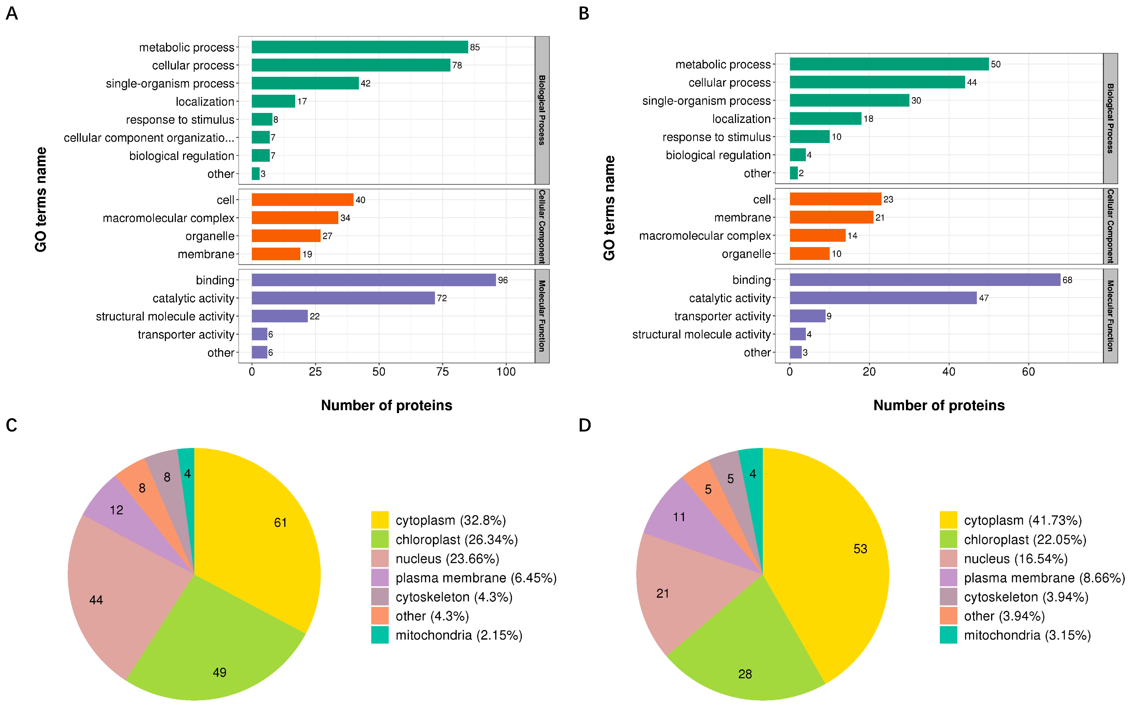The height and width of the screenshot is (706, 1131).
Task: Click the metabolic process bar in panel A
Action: [x=359, y=47]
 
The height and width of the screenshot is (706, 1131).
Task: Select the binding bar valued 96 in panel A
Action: [x=373, y=280]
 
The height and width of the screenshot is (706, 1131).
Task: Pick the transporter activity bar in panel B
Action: [x=807, y=316]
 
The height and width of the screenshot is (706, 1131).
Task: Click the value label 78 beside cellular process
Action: [x=457, y=65]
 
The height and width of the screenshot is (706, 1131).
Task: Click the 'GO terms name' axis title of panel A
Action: [x=41, y=199]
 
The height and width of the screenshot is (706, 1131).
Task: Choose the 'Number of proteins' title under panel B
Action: [x=939, y=405]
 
